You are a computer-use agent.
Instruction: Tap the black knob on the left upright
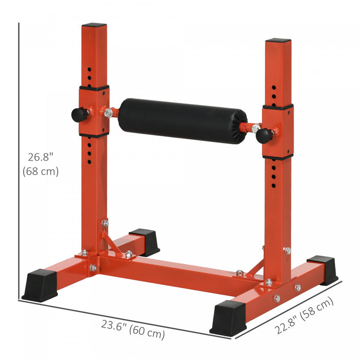tap(79, 114)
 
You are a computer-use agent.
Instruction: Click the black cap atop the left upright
tap(94, 25)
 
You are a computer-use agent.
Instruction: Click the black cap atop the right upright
tap(278, 41)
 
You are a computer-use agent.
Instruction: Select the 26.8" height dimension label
tap(41, 156)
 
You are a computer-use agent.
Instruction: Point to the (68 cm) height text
tap(41, 171)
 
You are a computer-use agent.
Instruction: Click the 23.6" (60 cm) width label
tap(133, 329)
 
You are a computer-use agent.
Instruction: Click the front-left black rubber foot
tap(40, 284)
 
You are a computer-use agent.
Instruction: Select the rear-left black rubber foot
tap(145, 242)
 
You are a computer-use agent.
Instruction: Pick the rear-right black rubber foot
tap(324, 269)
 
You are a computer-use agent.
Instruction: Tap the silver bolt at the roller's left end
tap(108, 113)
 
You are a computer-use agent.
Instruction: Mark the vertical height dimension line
tap(19, 159)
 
